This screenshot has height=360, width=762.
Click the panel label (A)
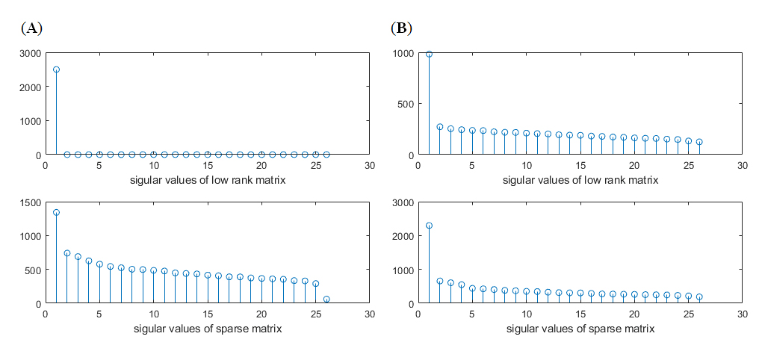(x=31, y=28)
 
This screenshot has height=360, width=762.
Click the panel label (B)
(x=401, y=28)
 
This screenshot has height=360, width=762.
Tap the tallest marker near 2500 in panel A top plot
(x=56, y=69)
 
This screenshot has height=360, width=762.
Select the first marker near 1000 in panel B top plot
(x=429, y=54)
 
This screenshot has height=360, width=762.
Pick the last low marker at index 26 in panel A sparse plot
(x=326, y=300)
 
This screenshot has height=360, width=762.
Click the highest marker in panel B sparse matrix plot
(x=429, y=226)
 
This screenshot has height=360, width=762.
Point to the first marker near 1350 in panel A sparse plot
(x=56, y=213)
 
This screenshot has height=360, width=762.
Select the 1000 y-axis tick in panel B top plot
(x=403, y=53)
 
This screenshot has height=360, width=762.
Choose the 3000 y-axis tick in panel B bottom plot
(x=403, y=202)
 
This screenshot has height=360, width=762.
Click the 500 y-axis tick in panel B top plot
(x=406, y=104)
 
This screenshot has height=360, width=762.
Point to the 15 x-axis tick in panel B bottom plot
(x=580, y=314)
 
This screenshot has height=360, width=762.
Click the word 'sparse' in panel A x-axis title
(x=222, y=329)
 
